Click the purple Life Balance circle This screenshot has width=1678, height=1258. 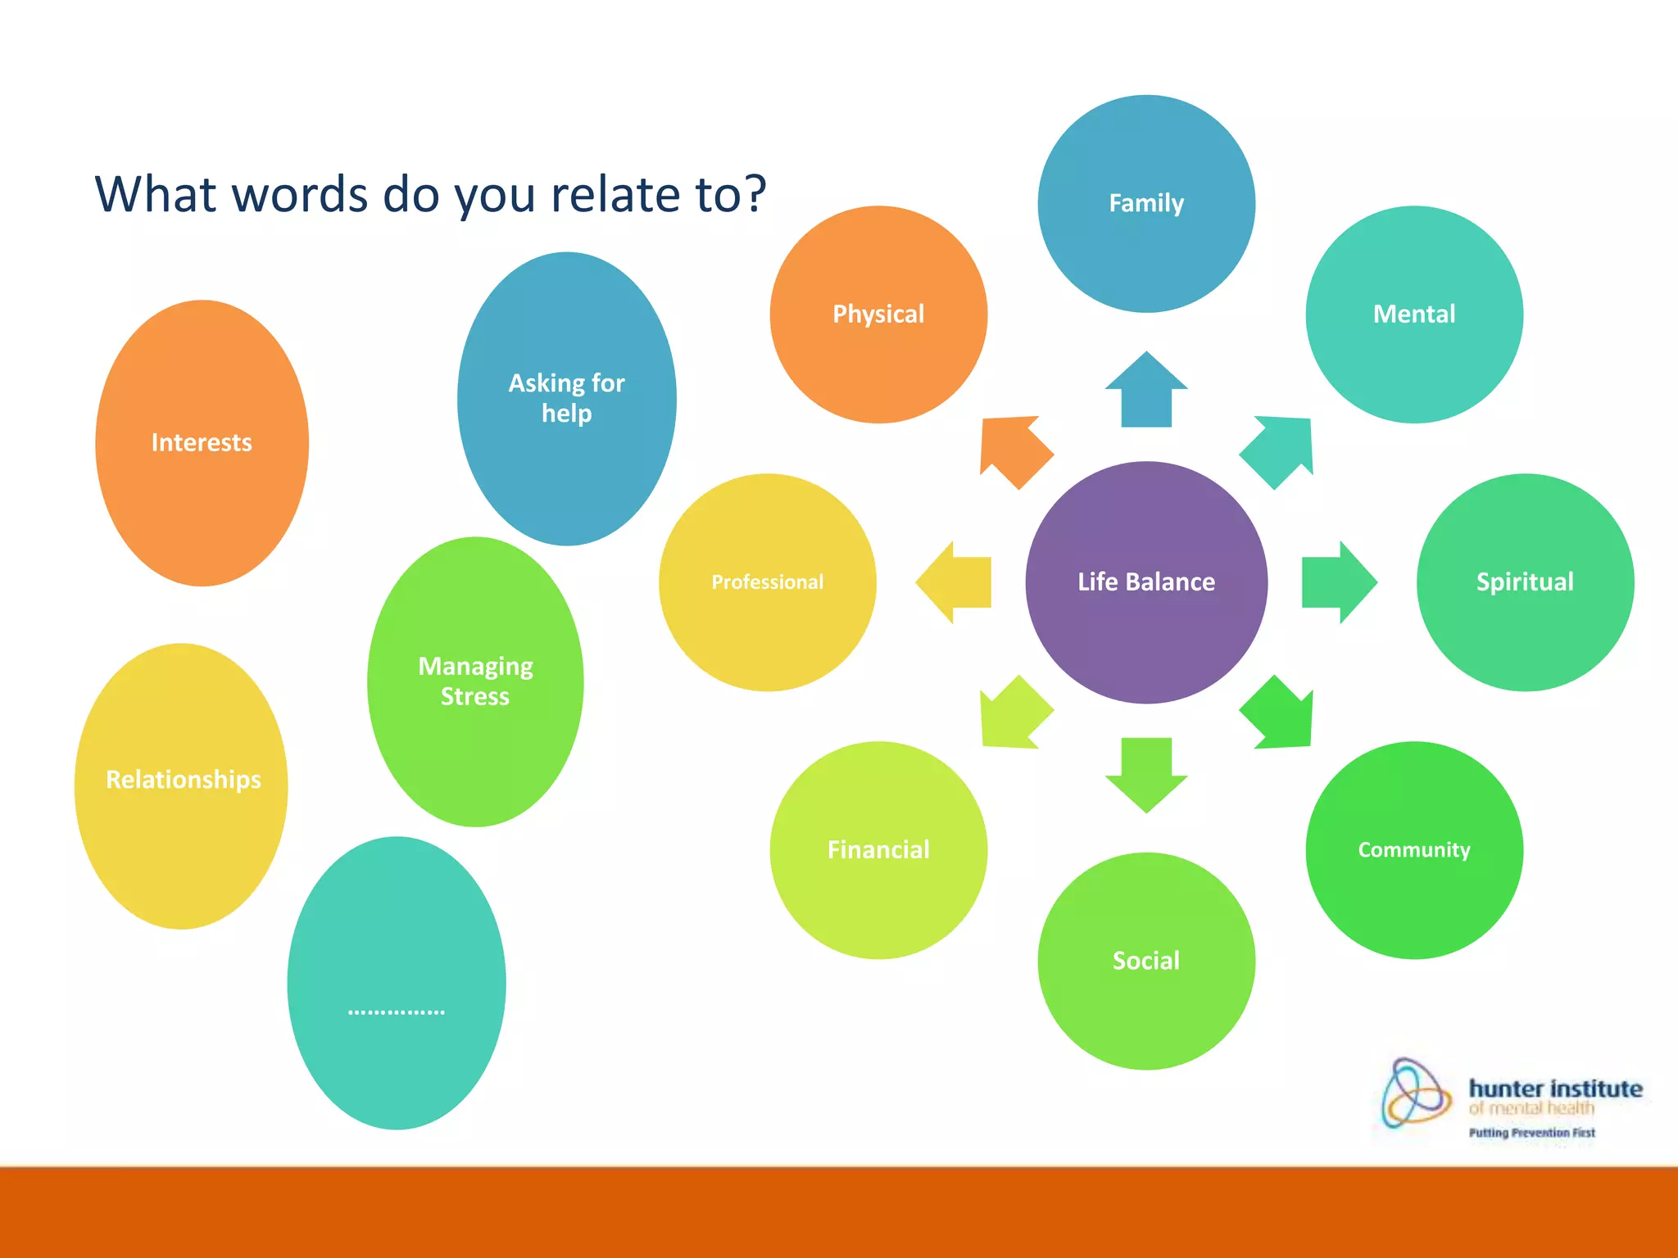tap(1145, 582)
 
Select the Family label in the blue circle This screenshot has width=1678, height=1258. tap(1145, 203)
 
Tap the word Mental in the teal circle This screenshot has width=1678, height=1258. tap(1413, 314)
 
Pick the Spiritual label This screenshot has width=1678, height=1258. tap(1524, 581)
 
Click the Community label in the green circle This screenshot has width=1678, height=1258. tap(1413, 849)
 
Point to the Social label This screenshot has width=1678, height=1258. tap(1145, 960)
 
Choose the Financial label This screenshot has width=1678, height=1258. tap(878, 849)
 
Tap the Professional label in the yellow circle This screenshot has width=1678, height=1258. tap(767, 581)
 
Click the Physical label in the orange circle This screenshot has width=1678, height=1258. tap(878, 314)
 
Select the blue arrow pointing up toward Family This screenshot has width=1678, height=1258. tap(1145, 391)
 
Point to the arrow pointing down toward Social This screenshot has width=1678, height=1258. tap(1145, 773)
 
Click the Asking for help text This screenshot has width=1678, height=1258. tap(566, 398)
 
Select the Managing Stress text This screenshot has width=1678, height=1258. tap(475, 681)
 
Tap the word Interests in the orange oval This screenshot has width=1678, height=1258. tap(202, 442)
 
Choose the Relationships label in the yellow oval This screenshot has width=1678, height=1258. tap(184, 779)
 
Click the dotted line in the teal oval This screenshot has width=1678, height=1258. tap(396, 1012)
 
